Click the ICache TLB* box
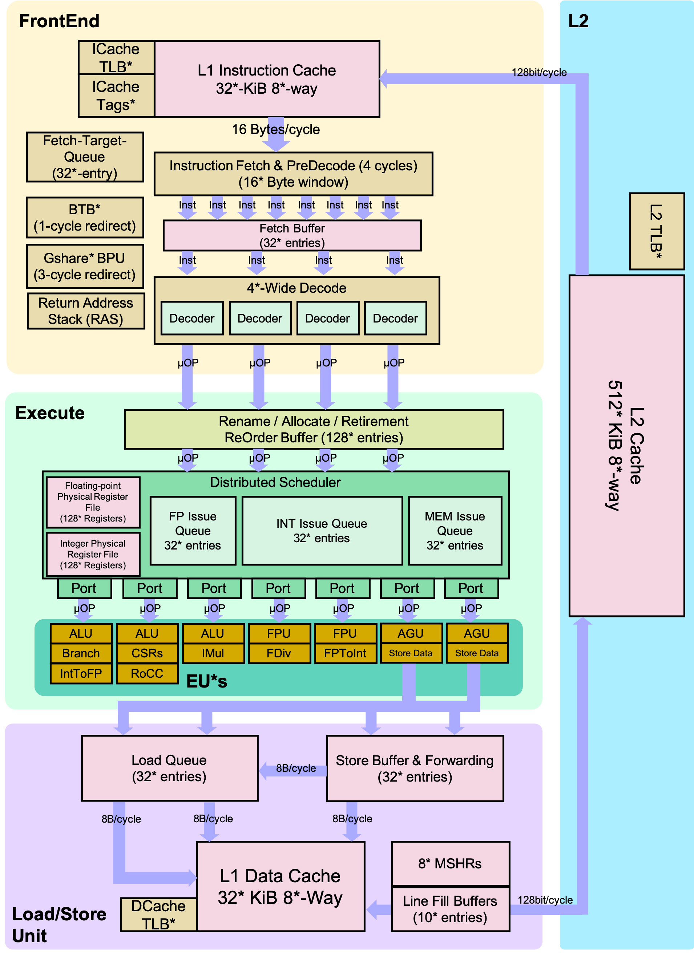[x=116, y=57]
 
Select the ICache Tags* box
[x=116, y=96]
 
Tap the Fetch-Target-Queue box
[x=85, y=157]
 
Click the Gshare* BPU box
[x=85, y=266]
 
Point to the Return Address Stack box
[x=86, y=311]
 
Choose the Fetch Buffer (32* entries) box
[x=292, y=235]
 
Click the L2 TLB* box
[x=657, y=231]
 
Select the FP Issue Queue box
[x=193, y=530]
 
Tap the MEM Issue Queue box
[x=455, y=530]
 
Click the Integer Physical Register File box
[x=93, y=554]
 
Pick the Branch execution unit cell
[x=81, y=653]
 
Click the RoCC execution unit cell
[x=147, y=673]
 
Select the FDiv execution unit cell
[x=279, y=653]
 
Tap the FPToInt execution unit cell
[x=345, y=653]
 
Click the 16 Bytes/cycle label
[x=276, y=129]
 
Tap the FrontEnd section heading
[x=59, y=21]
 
